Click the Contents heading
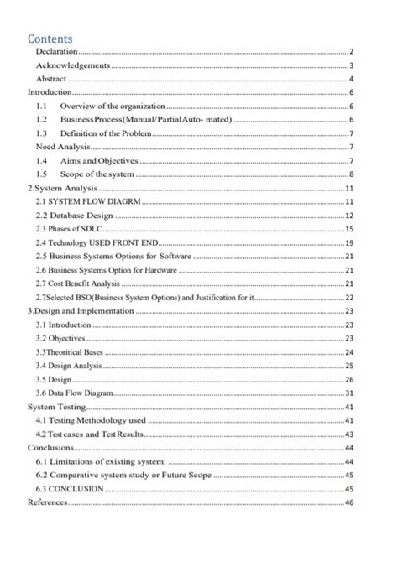50,39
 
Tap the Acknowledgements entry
73,65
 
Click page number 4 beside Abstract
351,78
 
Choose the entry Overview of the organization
112,107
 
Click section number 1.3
41,133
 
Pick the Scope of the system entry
97,174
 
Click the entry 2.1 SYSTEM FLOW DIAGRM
86,201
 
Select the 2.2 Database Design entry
74,215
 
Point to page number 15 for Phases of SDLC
349,229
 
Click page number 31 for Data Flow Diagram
349,393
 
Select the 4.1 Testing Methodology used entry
91,419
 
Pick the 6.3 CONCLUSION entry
70,488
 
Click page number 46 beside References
349,502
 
